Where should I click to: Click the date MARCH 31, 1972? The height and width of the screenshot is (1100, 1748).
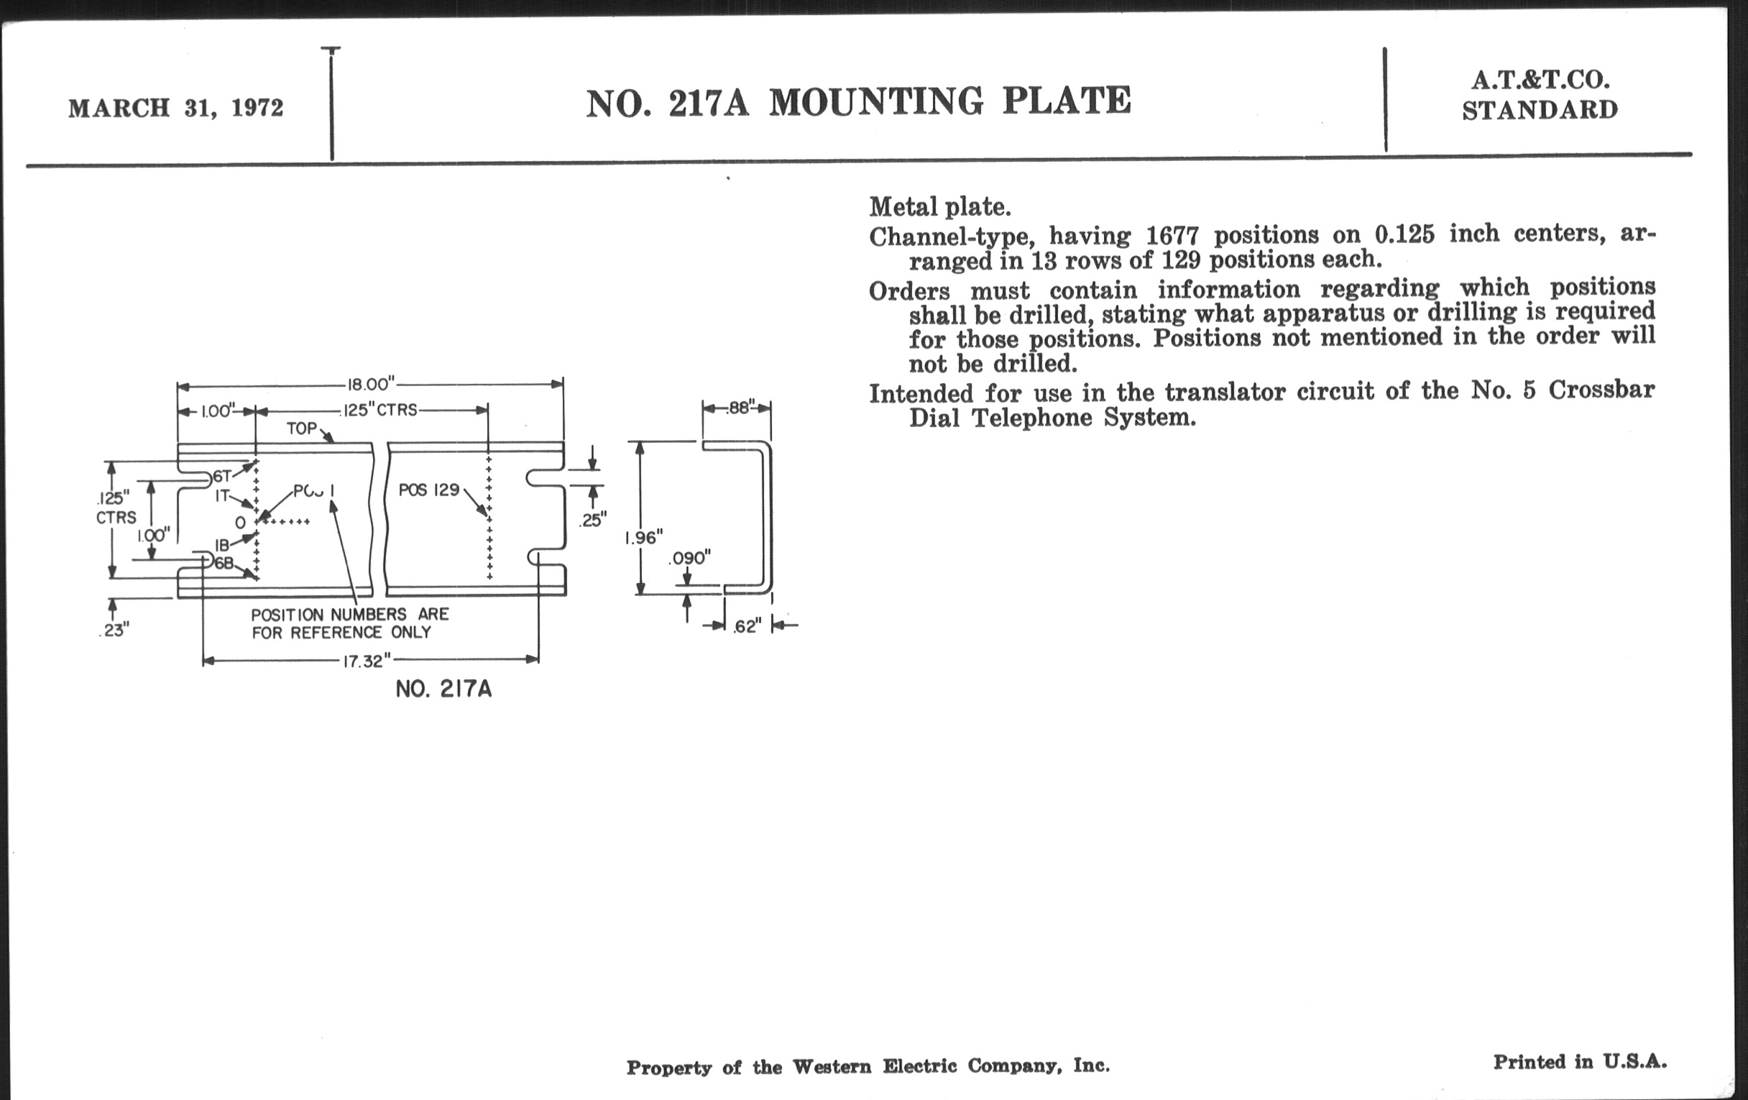[175, 108]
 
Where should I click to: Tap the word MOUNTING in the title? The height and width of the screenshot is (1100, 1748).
[875, 101]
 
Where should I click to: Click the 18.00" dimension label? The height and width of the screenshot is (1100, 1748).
[370, 384]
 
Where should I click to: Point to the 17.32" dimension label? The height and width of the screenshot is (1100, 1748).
[367, 661]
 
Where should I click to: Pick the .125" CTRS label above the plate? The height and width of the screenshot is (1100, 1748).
[379, 411]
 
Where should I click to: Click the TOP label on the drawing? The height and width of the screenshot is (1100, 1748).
[302, 428]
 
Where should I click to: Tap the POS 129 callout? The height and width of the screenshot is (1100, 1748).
[429, 490]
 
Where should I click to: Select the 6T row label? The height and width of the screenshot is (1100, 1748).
[222, 476]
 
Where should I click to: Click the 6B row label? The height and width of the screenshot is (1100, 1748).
[223, 563]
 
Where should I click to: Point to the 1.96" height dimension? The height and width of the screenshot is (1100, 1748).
[644, 538]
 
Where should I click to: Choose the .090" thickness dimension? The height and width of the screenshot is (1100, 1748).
[689, 559]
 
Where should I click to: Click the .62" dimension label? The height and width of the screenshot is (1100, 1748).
[746, 626]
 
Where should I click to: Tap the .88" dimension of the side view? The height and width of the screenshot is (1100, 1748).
[740, 408]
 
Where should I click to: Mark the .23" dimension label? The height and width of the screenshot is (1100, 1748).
[114, 631]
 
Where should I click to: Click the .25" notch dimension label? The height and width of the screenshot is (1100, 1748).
[592, 520]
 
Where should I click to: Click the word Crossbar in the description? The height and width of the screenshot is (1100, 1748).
[1601, 390]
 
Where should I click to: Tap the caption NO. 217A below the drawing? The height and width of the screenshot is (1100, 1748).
[443, 689]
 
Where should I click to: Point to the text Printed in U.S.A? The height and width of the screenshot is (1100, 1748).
[1580, 1061]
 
